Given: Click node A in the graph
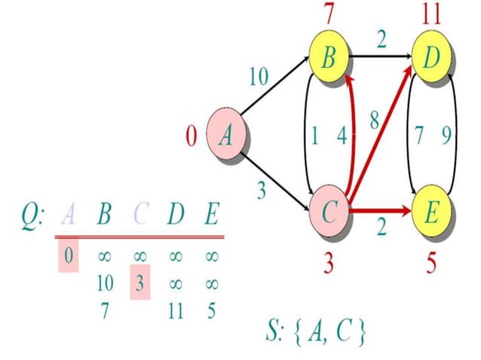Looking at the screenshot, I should click(226, 136).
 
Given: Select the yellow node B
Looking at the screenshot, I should click(329, 59).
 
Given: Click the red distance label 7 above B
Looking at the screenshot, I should click(329, 14).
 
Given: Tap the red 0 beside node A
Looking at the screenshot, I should click(191, 136).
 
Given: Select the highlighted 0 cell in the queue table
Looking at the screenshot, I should click(68, 256).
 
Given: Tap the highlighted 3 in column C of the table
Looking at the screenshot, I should click(140, 284).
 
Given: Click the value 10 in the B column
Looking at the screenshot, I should click(105, 284).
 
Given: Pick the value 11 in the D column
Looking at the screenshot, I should click(176, 310).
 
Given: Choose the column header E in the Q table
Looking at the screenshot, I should click(212, 217).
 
